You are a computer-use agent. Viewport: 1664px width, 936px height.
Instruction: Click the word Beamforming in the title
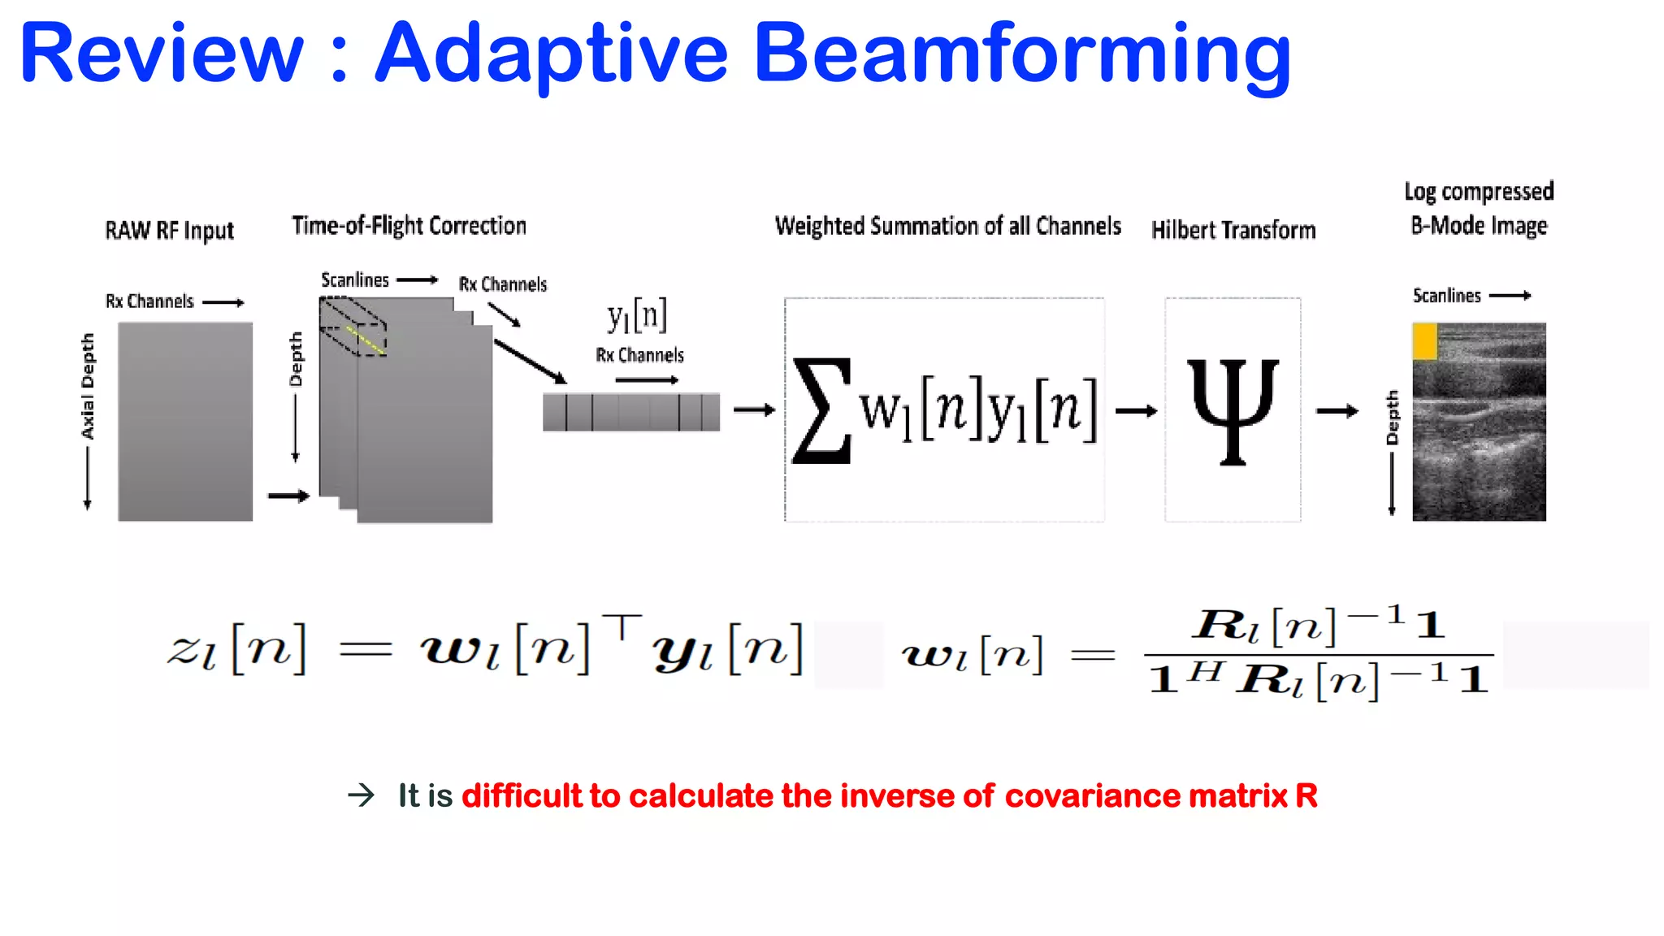point(1022,55)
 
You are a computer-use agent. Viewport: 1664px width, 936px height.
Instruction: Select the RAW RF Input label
point(169,231)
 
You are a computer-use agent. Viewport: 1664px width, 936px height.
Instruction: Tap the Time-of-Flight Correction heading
point(409,226)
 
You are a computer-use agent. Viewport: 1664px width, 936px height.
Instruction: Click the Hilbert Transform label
point(1233,231)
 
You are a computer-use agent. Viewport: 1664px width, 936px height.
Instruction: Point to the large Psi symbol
point(1233,410)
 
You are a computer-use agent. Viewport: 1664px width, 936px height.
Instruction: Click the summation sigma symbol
point(822,410)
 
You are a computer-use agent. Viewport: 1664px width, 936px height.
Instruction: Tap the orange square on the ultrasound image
point(1424,341)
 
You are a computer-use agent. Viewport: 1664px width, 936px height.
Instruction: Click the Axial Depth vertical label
point(88,386)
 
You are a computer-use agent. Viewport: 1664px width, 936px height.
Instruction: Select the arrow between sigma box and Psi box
point(1136,411)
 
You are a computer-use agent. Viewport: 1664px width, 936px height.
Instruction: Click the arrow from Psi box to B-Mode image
point(1337,411)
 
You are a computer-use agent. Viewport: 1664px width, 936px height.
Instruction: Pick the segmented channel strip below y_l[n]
point(631,411)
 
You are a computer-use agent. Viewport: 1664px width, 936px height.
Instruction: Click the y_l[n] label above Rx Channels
point(637,315)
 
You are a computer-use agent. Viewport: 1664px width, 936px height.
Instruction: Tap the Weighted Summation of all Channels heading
point(947,226)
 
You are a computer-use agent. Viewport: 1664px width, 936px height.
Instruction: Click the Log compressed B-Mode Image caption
point(1479,208)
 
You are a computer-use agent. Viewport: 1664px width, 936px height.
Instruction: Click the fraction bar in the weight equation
point(1318,654)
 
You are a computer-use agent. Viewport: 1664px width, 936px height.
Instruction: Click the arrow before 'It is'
point(362,795)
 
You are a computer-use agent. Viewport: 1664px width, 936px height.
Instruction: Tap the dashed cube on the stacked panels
point(353,326)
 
